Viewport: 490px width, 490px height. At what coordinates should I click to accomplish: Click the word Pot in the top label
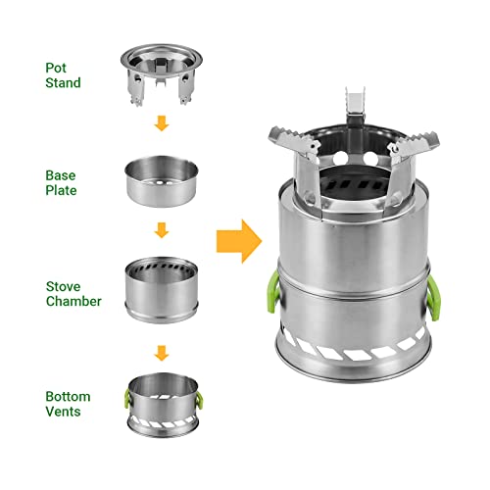57,67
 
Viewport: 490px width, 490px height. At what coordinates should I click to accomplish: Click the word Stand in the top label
64,83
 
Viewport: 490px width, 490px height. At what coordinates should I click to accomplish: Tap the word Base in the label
61,174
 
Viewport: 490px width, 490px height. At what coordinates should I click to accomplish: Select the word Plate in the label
62,191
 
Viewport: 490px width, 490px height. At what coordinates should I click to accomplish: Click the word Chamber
73,301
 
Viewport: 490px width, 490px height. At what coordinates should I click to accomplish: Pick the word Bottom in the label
67,395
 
